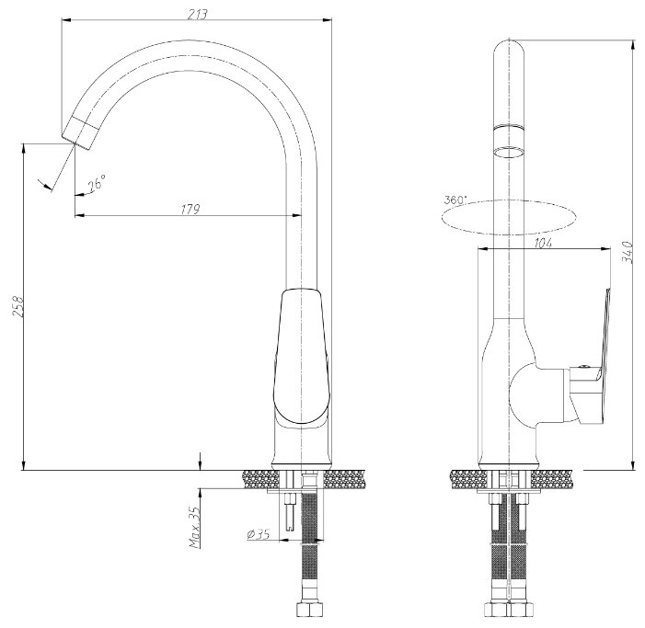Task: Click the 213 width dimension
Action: click(198, 14)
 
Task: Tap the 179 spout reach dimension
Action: click(190, 209)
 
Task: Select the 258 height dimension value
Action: click(18, 306)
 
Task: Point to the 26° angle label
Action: click(98, 182)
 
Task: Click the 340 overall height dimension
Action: click(628, 252)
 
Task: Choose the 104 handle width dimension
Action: click(543, 243)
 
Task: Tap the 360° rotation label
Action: click(455, 200)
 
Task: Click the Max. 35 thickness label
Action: click(195, 527)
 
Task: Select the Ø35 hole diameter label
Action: click(258, 534)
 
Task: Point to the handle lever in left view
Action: click(302, 357)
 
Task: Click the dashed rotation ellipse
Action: click(509, 234)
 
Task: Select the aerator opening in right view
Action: click(509, 152)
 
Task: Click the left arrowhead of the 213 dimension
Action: click(65, 19)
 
